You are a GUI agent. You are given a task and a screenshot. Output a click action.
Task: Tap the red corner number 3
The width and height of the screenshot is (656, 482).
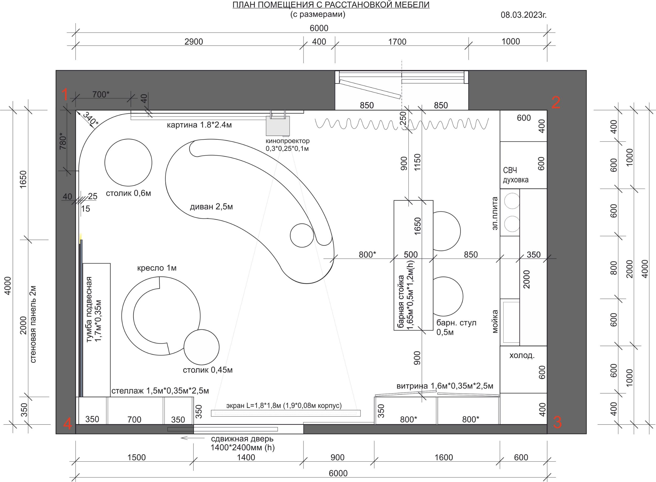click(x=557, y=422)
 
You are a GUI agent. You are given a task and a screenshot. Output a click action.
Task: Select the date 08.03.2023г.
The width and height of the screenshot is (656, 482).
click(x=523, y=15)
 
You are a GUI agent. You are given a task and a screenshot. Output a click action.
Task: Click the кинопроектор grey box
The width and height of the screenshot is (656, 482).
click(x=278, y=126)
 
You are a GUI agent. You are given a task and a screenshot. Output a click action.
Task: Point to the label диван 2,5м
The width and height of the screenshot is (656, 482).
click(x=211, y=207)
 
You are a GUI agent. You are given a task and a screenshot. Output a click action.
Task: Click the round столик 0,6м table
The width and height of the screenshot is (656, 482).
click(x=128, y=162)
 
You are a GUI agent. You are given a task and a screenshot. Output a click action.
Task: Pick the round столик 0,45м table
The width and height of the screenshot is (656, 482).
click(x=201, y=347)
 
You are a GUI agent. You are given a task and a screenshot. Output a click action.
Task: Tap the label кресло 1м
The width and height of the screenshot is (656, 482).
click(x=157, y=268)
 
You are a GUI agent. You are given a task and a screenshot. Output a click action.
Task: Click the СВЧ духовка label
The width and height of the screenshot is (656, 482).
click(x=516, y=175)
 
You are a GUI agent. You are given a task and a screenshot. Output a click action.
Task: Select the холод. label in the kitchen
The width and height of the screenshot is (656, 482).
click(x=522, y=356)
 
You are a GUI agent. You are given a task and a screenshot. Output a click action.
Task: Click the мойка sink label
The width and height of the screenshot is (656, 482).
click(x=495, y=321)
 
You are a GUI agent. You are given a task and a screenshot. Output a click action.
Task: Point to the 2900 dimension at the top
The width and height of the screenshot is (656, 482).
click(x=193, y=42)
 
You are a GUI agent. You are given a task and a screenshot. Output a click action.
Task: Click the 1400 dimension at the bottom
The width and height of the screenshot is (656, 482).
click(x=246, y=457)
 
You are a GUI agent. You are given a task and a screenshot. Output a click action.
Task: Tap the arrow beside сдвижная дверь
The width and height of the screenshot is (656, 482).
click(x=193, y=438)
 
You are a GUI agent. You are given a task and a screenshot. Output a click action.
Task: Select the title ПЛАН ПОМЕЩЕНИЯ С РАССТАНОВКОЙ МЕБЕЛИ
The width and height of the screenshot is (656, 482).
click(x=331, y=5)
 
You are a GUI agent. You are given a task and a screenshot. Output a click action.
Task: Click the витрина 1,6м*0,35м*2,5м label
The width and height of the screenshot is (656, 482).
click(x=445, y=386)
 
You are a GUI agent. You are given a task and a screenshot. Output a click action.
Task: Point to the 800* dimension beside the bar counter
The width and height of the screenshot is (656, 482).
click(x=367, y=255)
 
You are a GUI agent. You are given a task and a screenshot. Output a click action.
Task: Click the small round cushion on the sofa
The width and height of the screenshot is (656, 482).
click(x=302, y=235)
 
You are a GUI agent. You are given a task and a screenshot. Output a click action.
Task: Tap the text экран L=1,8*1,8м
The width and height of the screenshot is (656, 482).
click(x=253, y=405)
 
